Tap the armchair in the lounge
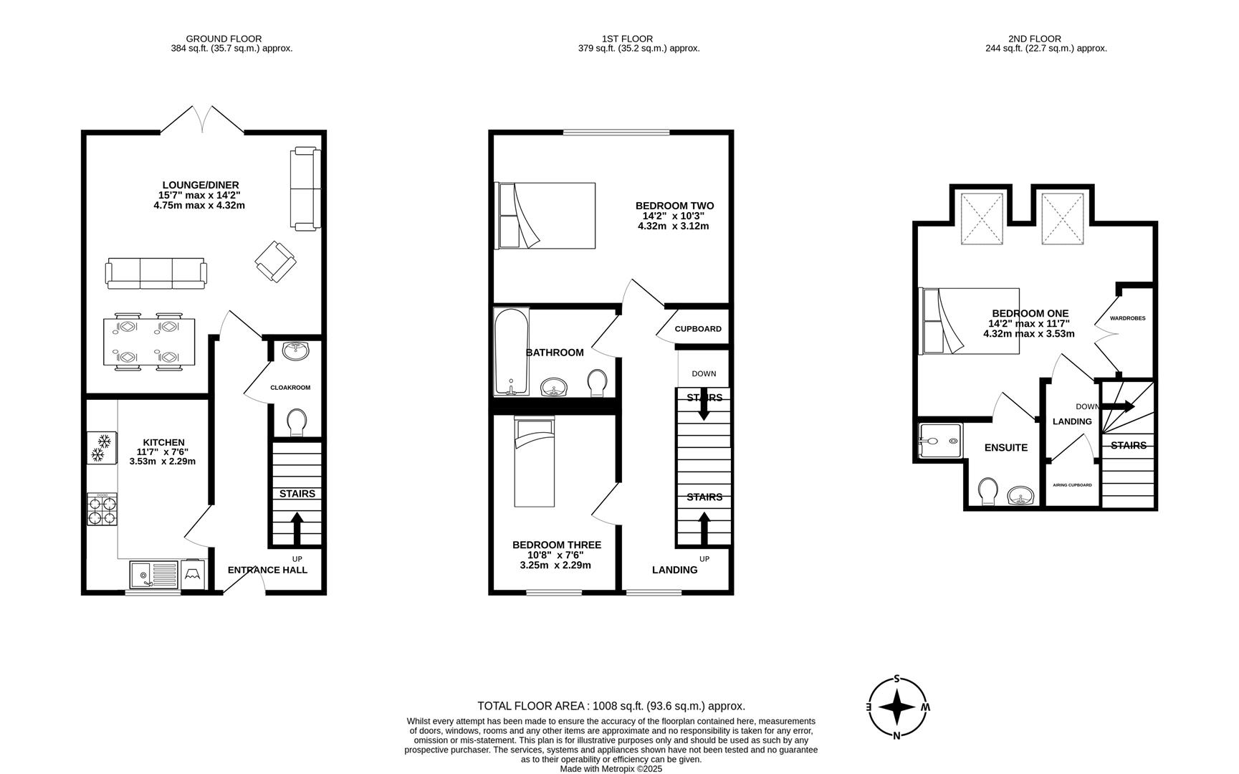point(274,261)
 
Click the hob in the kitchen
point(102,510)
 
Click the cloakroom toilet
point(295,422)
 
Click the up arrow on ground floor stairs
point(297,528)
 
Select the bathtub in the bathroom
point(512,351)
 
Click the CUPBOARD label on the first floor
point(698,329)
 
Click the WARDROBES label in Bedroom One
point(1127,318)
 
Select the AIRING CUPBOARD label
point(1072,485)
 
